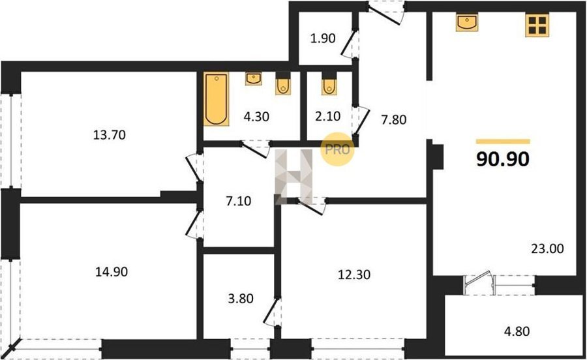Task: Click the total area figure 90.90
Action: click(x=503, y=159)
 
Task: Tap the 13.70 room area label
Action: click(x=110, y=135)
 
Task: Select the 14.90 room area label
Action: click(x=111, y=272)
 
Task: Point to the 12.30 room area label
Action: click(x=354, y=275)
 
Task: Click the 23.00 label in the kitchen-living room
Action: click(x=547, y=248)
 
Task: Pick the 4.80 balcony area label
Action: click(x=517, y=331)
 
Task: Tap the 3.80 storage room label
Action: click(x=241, y=299)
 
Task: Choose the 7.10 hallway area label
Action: click(x=239, y=202)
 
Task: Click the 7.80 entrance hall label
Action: click(x=394, y=120)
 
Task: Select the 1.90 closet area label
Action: click(x=323, y=38)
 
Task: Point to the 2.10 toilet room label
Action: click(x=328, y=116)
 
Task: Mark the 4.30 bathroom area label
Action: click(x=256, y=117)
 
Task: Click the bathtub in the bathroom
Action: click(x=217, y=98)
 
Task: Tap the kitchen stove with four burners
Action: click(x=537, y=25)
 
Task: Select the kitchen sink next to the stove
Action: click(x=467, y=22)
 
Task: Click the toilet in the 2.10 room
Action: click(x=329, y=85)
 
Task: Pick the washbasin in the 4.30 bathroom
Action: click(x=254, y=78)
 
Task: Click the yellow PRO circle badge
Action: click(x=337, y=150)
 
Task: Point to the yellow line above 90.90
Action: click(x=503, y=142)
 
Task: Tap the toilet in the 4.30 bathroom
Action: click(x=283, y=85)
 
